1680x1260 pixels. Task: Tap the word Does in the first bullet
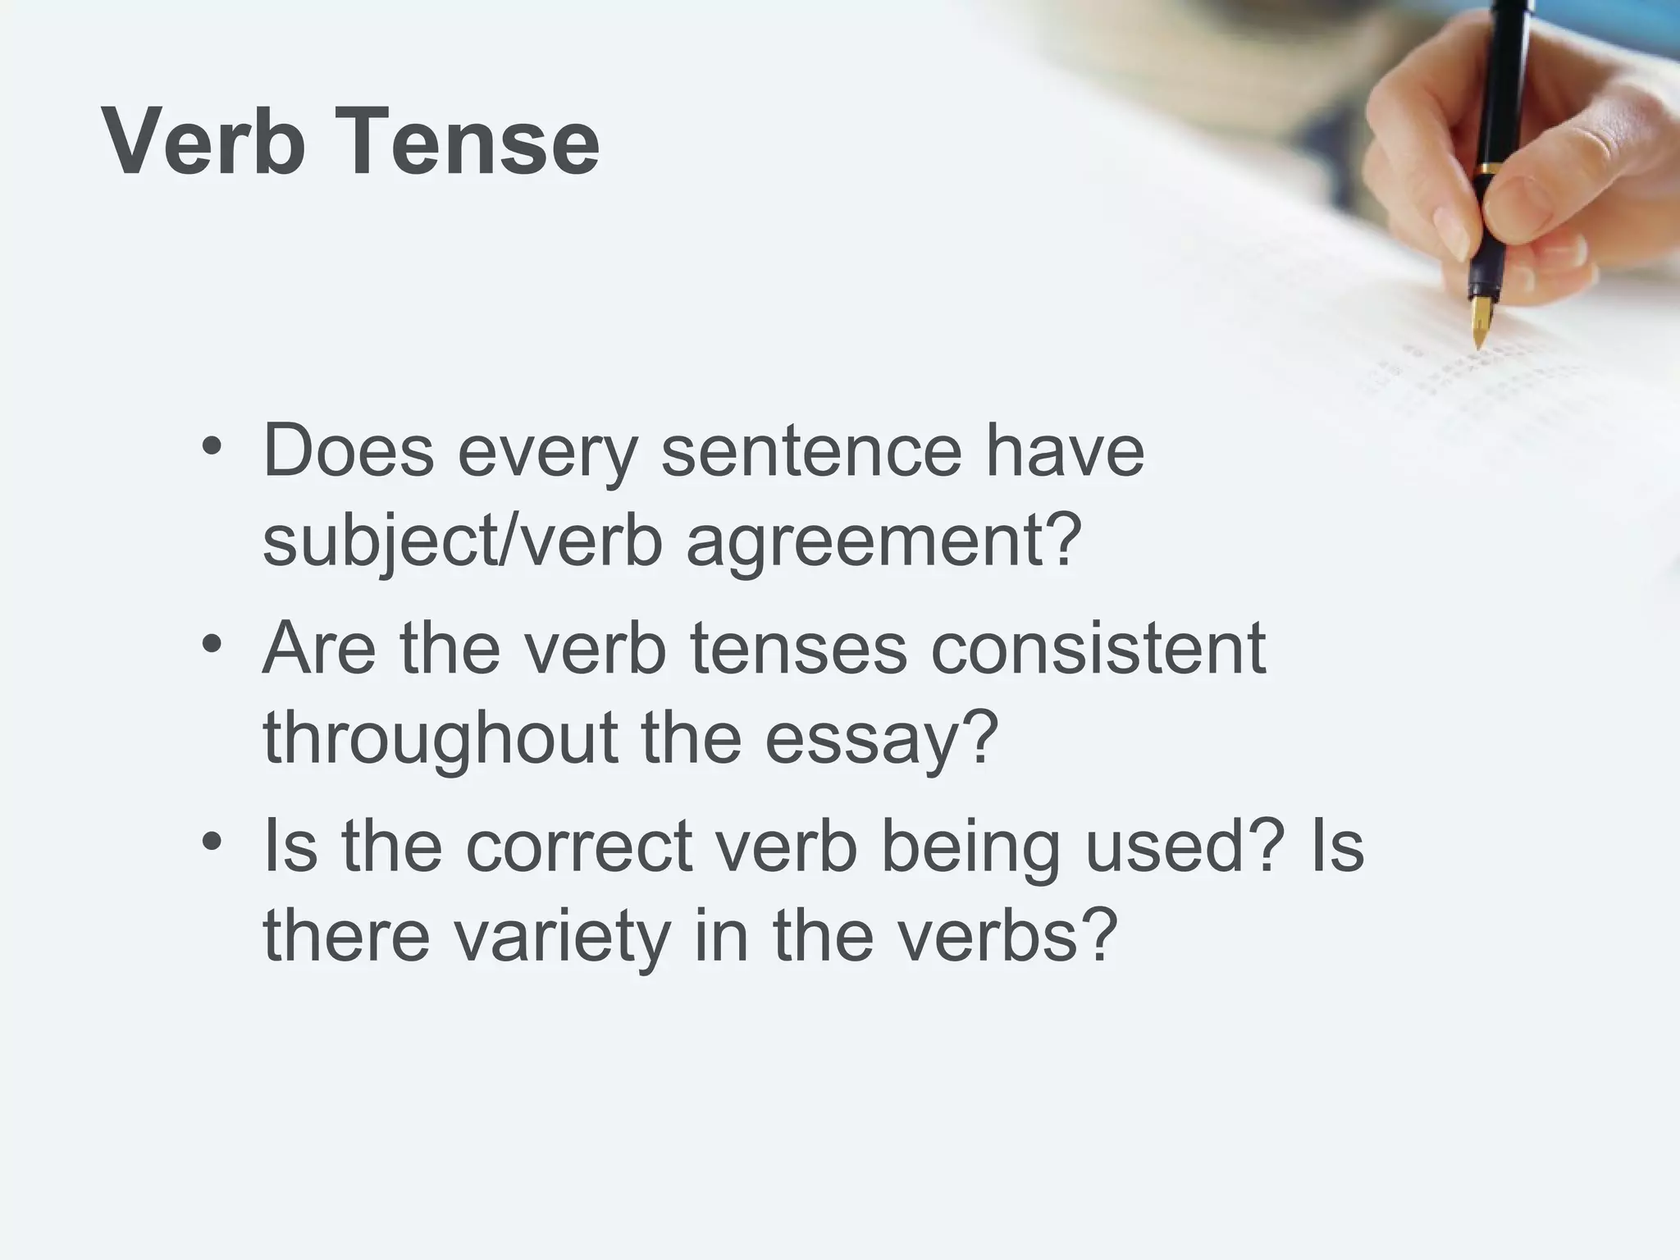pyautogui.click(x=348, y=450)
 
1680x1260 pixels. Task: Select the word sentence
pyautogui.click(x=810, y=450)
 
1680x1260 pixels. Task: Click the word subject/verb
pyautogui.click(x=463, y=542)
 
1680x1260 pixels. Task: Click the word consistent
pyautogui.click(x=1098, y=648)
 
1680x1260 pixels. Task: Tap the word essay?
pyautogui.click(x=882, y=737)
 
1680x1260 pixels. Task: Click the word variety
pyautogui.click(x=562, y=938)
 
